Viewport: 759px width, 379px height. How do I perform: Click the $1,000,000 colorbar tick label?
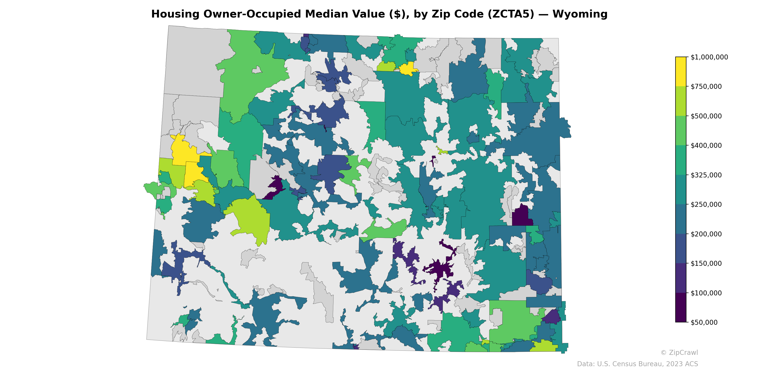[709, 57]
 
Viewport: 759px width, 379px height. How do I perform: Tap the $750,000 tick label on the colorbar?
[706, 86]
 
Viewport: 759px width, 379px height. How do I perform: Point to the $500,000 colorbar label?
[706, 116]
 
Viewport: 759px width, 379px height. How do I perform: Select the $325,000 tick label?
[706, 175]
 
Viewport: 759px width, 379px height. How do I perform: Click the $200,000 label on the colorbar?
[706, 234]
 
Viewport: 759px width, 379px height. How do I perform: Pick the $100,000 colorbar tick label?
[706, 293]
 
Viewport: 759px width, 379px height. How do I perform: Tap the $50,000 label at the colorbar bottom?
[704, 322]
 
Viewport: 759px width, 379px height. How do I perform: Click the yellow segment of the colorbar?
[681, 72]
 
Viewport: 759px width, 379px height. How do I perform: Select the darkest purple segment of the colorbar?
[681, 307]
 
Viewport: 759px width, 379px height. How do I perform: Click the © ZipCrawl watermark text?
[679, 352]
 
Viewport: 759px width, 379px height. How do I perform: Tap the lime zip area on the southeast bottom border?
[544, 346]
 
